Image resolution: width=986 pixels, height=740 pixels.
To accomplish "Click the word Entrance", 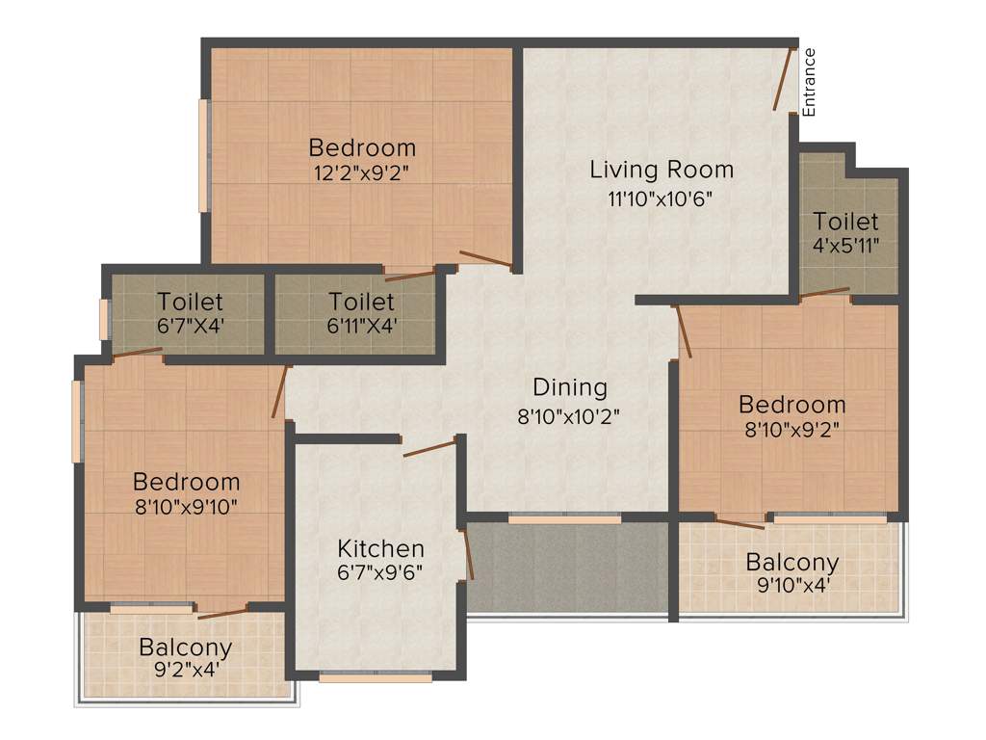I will click(809, 83).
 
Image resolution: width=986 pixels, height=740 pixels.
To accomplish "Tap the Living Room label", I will click(662, 171).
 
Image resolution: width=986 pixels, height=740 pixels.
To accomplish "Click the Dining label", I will click(570, 387).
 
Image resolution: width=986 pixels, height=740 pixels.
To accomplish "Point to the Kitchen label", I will click(380, 549).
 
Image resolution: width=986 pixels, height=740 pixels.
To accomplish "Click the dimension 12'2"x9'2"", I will click(362, 174).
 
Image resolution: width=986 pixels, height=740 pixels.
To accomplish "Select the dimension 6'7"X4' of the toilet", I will click(191, 326).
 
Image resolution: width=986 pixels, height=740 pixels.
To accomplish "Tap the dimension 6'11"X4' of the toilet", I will click(362, 326).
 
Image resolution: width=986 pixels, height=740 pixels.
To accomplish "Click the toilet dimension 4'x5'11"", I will click(845, 245).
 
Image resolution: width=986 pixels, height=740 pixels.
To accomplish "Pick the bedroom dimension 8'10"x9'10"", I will click(186, 504).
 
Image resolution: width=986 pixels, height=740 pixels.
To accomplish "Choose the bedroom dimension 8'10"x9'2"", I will click(791, 430).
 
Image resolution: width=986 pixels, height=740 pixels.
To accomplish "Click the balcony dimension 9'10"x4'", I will click(792, 584).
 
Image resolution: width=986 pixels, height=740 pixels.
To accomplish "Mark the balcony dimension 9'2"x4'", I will click(185, 669).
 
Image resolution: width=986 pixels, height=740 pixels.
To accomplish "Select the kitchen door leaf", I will click(429, 448).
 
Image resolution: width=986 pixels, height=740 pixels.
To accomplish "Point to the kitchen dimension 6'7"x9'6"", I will click(380, 570).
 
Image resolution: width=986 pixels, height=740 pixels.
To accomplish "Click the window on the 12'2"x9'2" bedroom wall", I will click(204, 154).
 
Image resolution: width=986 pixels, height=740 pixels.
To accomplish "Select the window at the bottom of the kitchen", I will click(376, 677).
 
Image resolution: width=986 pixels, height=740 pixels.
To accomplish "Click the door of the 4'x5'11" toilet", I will click(825, 292).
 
